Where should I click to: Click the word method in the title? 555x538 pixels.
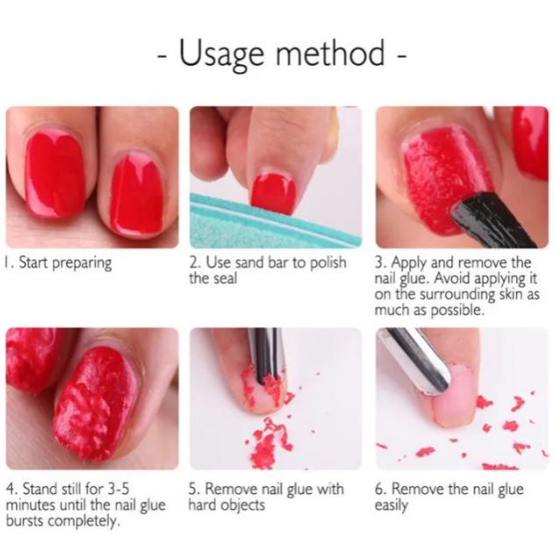pyautogui.click(x=331, y=54)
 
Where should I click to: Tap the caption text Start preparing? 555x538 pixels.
pyautogui.click(x=63, y=263)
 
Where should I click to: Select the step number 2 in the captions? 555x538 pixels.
pyautogui.click(x=194, y=263)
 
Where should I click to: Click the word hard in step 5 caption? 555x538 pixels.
pyautogui.click(x=204, y=506)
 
